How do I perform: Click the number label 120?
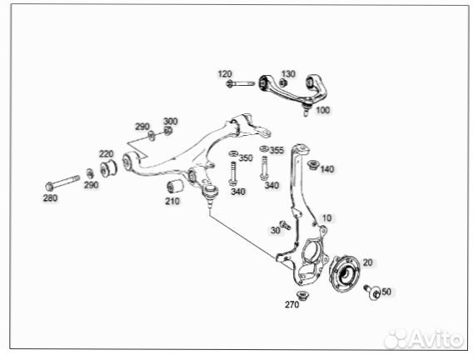coord(226,74)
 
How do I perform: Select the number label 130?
coord(288,73)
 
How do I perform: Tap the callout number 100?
coord(322,110)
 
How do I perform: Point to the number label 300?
coord(170,122)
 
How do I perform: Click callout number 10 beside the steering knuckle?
coord(326,217)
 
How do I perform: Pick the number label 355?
coord(276,150)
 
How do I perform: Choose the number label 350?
coord(246,157)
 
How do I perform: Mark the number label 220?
coord(106,154)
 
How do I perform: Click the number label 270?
coord(291,306)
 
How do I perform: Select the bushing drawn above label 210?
coord(176,185)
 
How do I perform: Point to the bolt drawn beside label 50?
coord(371,291)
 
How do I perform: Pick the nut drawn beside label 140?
coord(314,165)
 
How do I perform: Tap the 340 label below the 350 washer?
coord(238,192)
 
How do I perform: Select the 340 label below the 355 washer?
coord(271,185)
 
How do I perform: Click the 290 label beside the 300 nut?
coord(142,127)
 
